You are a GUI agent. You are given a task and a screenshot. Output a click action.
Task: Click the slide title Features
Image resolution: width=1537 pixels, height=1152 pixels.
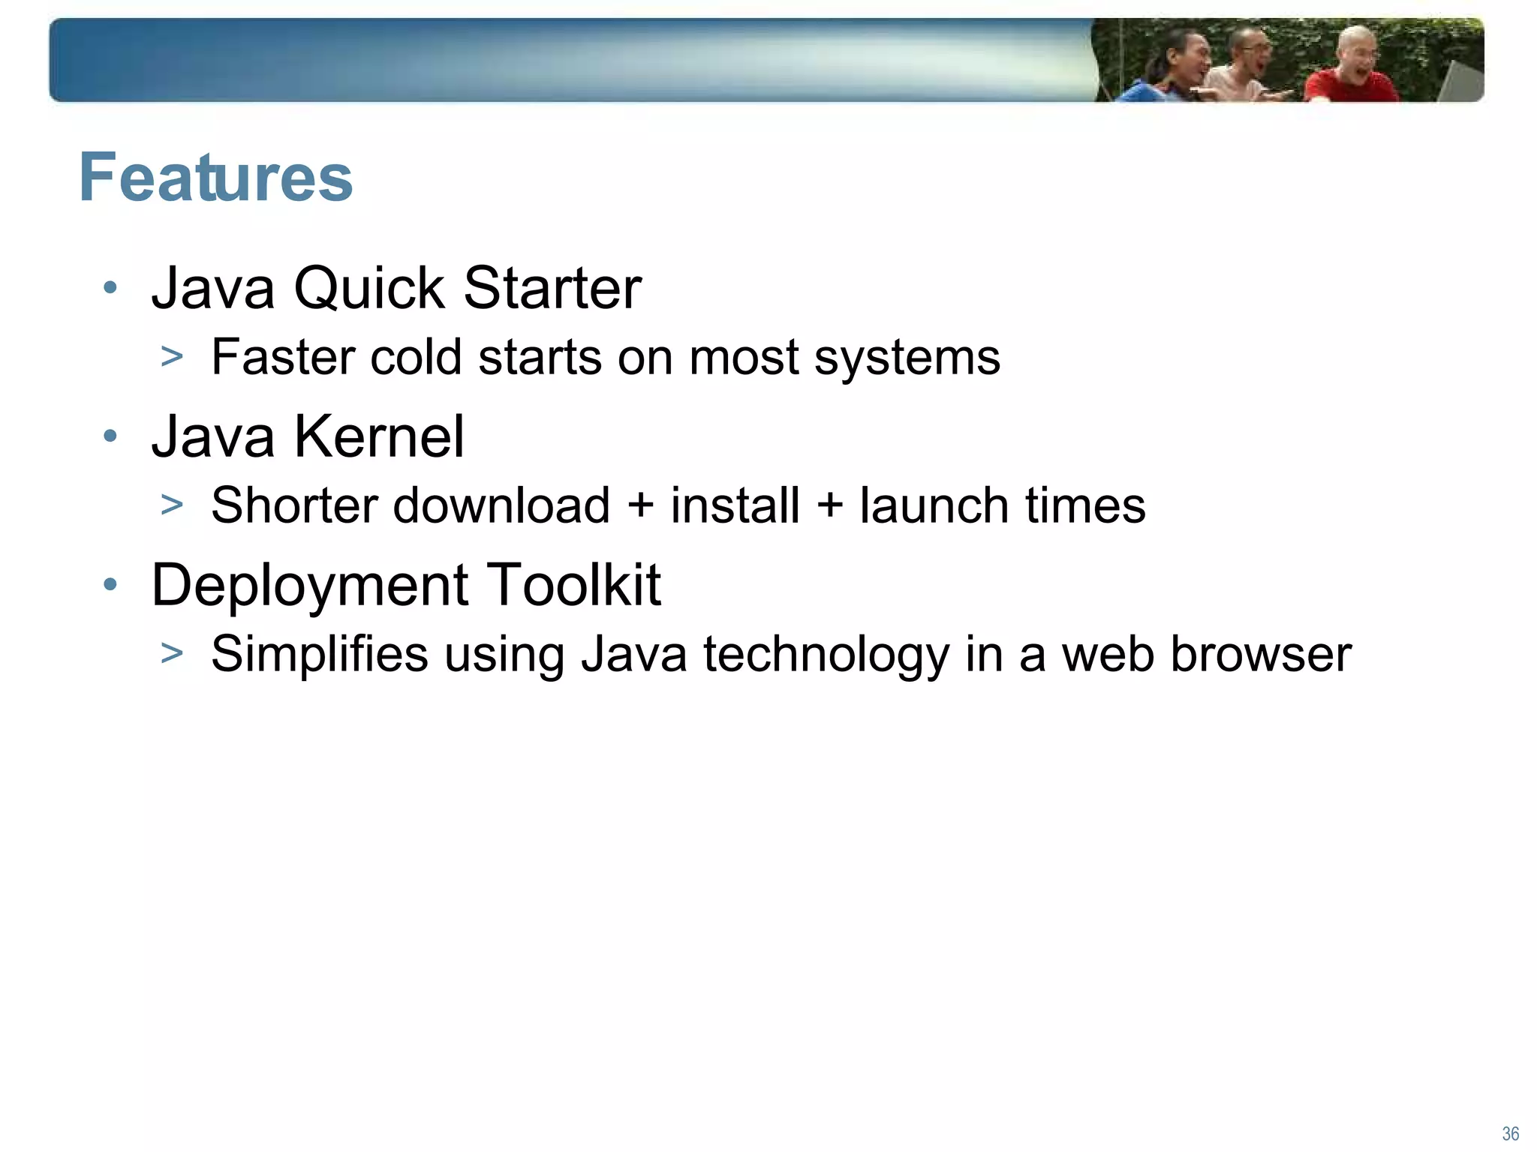215,178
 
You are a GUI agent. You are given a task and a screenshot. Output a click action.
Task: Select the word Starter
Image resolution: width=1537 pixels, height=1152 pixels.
552,288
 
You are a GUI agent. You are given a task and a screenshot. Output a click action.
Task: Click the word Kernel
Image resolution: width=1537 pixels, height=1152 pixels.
379,436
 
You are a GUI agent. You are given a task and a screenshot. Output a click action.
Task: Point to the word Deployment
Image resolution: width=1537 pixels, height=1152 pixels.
310,586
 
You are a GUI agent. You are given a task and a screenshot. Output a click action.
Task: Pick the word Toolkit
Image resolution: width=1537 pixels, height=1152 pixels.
574,584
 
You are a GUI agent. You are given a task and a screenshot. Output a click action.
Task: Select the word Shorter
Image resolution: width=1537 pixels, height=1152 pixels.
293,505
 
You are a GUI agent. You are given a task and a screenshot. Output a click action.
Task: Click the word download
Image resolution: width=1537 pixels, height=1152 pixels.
501,505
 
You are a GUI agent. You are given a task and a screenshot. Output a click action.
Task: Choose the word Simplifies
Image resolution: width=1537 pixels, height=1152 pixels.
320,654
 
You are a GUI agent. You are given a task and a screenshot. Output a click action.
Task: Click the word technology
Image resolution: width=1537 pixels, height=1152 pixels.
826,655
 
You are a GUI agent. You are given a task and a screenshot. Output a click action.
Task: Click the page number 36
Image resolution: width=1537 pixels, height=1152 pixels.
1511,1134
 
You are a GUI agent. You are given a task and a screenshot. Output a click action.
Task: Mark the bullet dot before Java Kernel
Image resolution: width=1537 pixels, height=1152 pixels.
110,436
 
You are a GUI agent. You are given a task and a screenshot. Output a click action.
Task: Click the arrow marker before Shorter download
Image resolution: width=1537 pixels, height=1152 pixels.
172,505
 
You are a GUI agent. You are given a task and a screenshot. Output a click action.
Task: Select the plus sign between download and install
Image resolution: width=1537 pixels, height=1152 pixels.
640,505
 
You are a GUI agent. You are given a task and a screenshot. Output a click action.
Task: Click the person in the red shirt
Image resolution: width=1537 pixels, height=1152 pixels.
1351,71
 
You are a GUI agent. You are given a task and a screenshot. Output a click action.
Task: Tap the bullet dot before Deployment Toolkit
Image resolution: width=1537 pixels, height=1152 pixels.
110,585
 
